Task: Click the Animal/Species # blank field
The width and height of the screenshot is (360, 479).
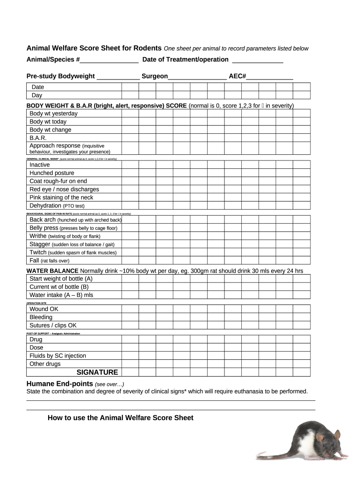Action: click(x=109, y=60)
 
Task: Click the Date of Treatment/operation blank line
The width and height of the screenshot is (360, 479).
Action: click(x=258, y=60)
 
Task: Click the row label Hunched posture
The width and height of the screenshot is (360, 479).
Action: click(x=52, y=173)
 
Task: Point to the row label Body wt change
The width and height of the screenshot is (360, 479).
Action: click(x=50, y=130)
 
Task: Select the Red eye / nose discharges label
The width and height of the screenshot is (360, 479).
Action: click(x=64, y=189)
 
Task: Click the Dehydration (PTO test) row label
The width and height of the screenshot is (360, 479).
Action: click(x=57, y=206)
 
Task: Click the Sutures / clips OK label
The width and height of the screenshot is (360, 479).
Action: click(x=53, y=326)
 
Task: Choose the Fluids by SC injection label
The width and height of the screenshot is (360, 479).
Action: click(x=58, y=356)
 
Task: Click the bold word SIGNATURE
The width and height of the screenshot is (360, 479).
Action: click(x=97, y=372)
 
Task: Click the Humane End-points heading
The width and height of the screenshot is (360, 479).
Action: click(x=59, y=384)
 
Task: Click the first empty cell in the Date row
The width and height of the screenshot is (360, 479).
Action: click(x=130, y=87)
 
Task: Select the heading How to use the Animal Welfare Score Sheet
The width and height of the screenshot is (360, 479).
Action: click(x=120, y=418)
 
